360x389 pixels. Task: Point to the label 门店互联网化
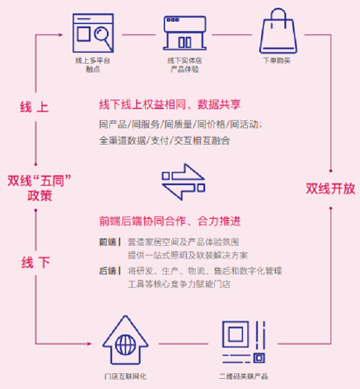click(125, 376)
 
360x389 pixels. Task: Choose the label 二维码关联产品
click(243, 376)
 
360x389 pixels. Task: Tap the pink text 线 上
click(35, 108)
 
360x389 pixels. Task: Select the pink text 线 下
click(35, 263)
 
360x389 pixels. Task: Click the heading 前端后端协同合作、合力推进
click(170, 221)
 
